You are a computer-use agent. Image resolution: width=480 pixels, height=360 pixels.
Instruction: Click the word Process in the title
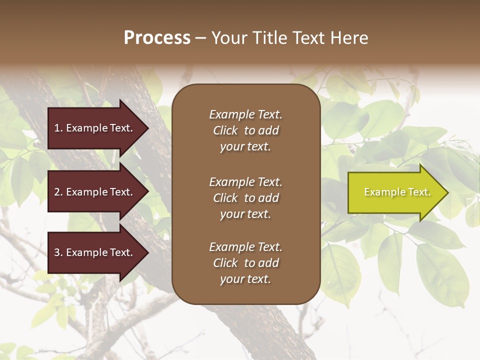(157, 38)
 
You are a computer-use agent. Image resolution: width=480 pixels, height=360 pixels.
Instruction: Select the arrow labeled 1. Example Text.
(95, 128)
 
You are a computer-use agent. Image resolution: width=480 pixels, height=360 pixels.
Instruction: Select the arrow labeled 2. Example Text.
(95, 192)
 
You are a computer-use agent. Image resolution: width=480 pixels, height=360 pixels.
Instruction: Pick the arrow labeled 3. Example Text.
(95, 252)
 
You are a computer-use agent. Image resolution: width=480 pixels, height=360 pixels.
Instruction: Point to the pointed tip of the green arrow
(447, 192)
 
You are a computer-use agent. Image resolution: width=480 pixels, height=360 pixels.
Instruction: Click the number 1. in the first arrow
(58, 128)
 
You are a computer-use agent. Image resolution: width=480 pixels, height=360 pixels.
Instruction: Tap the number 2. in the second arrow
(58, 192)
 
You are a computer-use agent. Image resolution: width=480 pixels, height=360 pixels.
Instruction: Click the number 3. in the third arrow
(58, 252)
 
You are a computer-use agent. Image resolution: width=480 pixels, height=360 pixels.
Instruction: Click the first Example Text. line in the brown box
(245, 114)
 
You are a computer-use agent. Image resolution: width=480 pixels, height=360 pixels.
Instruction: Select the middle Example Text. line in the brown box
(245, 181)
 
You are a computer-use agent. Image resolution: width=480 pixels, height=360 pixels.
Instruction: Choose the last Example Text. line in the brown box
(245, 247)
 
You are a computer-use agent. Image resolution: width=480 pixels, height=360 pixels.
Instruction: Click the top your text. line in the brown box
(245, 147)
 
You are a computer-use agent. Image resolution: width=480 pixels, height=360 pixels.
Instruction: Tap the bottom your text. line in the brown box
(245, 279)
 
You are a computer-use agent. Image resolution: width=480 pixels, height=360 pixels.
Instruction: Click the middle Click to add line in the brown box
(245, 198)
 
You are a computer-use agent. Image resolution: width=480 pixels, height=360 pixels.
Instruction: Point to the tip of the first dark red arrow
(148, 128)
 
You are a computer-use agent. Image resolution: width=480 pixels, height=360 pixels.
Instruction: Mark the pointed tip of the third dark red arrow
(148, 252)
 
